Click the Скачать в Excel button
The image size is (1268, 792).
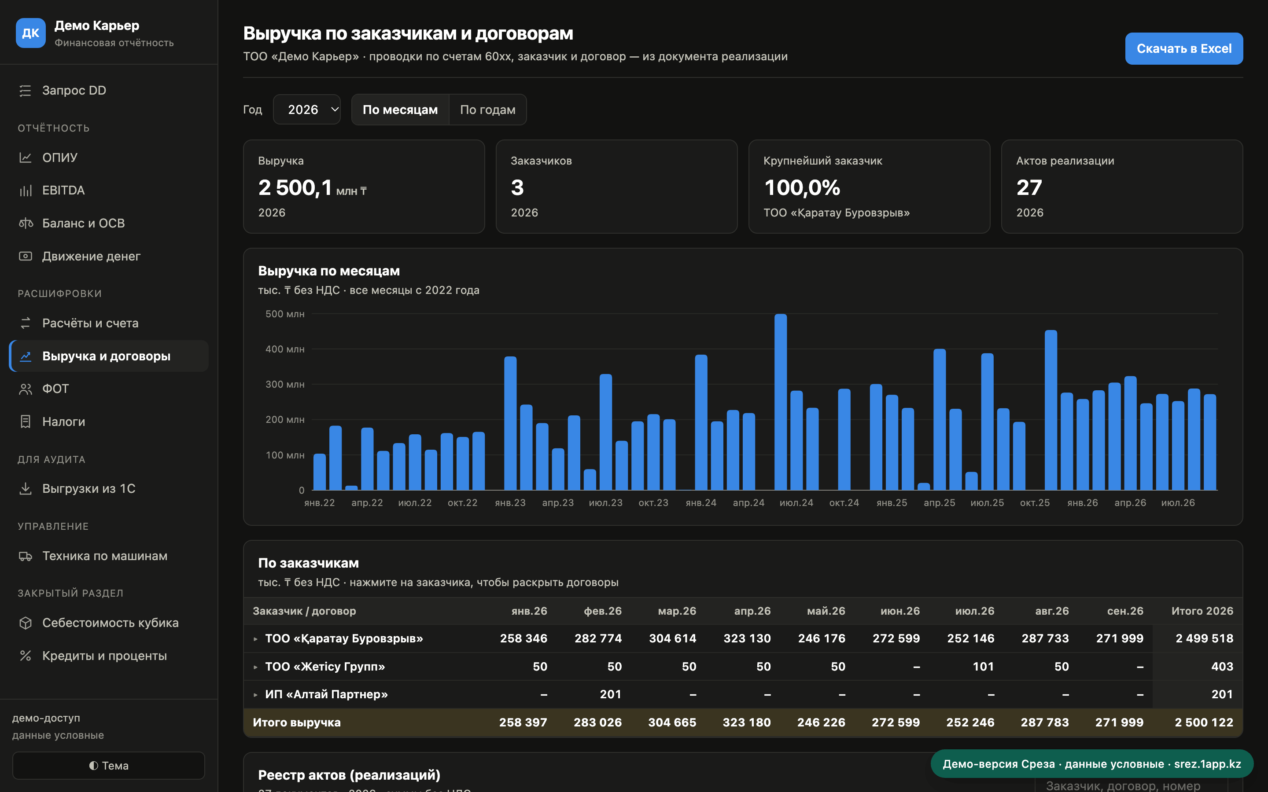click(1183, 49)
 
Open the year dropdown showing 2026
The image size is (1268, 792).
click(306, 110)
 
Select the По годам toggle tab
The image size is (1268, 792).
click(487, 110)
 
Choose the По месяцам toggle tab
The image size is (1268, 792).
click(400, 110)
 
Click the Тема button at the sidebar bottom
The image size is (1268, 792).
click(108, 765)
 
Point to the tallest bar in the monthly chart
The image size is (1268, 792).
click(781, 402)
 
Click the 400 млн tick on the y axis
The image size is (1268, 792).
click(284, 349)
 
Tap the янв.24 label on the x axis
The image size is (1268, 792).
click(701, 503)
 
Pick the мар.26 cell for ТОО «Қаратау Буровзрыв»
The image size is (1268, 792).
click(672, 638)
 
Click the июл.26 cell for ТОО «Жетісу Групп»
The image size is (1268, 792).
click(983, 666)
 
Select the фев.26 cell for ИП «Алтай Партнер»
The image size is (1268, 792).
click(610, 694)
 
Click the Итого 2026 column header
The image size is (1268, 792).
click(1202, 611)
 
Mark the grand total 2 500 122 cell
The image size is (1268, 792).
click(1204, 722)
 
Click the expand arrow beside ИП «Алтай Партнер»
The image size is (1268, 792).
click(255, 695)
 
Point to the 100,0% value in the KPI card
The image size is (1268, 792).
click(802, 187)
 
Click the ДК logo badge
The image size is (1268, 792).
click(30, 33)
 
